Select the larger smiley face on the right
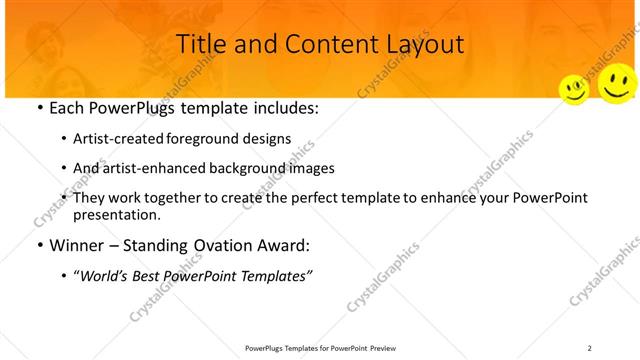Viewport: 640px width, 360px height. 617,84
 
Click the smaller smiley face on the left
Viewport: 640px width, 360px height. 574,90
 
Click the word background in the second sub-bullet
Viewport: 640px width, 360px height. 254,168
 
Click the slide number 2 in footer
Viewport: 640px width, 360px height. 590,348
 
